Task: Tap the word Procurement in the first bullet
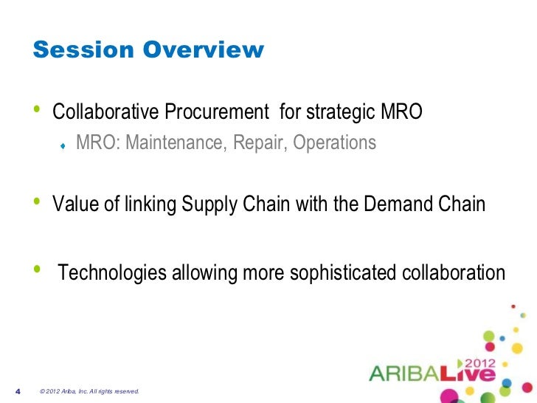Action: pyautogui.click(x=215, y=113)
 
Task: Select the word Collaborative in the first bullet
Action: pyautogui.click(x=105, y=113)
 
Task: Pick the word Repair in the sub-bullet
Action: pyautogui.click(x=254, y=142)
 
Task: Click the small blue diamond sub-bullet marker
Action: pyautogui.click(x=64, y=145)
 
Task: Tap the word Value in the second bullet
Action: pyautogui.click(x=72, y=204)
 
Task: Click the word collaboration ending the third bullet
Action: pyautogui.click(x=455, y=274)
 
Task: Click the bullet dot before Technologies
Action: pyautogui.click(x=38, y=271)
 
